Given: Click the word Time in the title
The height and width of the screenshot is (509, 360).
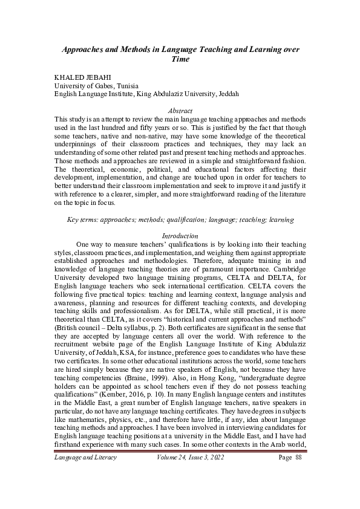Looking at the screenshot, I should click(180, 59).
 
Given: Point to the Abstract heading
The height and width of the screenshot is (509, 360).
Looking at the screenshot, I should click(180, 111).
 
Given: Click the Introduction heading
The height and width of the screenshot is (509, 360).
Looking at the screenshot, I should click(180, 235).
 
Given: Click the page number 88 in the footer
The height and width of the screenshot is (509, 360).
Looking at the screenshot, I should click(297, 475).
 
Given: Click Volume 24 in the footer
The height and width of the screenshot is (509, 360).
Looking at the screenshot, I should click(174, 475).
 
